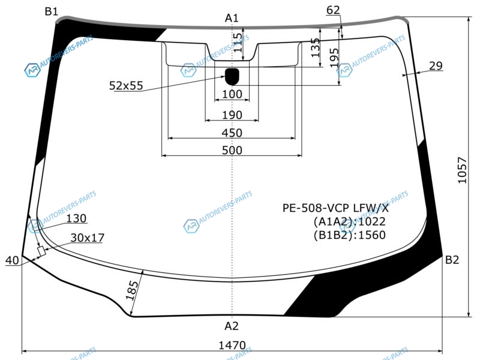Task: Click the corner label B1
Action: (51, 11)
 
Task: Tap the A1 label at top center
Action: (232, 19)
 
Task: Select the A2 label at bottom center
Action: (232, 326)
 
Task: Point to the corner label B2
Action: (452, 260)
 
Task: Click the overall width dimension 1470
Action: (232, 346)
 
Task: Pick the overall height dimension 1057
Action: (462, 170)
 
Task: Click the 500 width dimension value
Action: (232, 151)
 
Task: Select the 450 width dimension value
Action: (232, 133)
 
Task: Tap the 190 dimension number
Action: (232, 115)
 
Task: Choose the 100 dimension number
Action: (232, 94)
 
